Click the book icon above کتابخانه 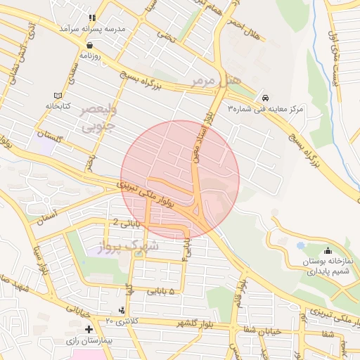(58, 96)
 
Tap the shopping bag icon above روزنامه (91, 44)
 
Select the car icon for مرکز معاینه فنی (264, 98)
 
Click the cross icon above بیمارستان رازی (89, 329)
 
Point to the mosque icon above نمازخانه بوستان (328, 251)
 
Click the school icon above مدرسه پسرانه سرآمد (91, 18)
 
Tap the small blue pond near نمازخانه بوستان (301, 246)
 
